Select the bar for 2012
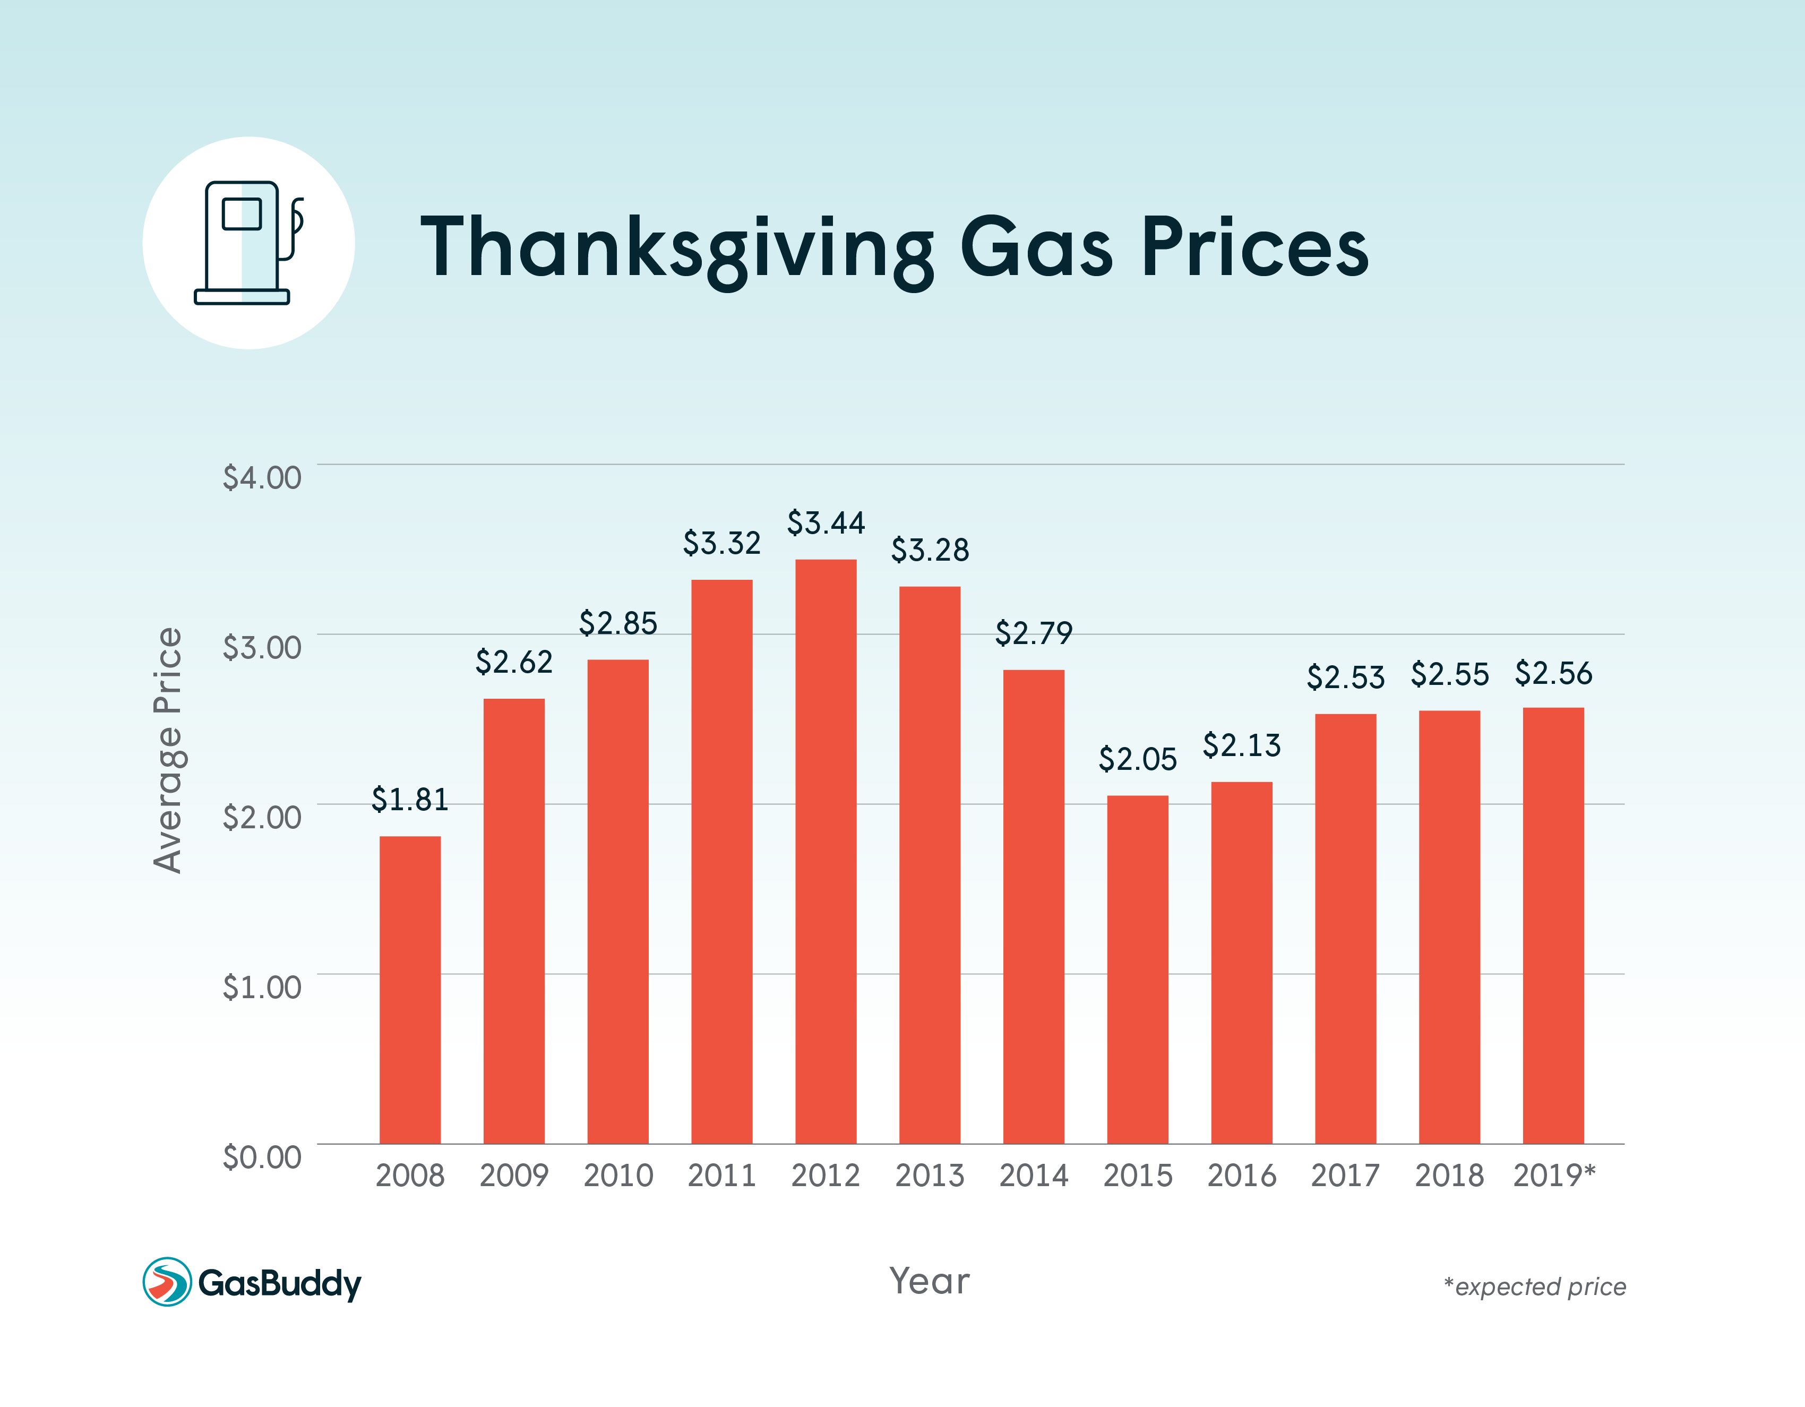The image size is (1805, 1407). click(826, 852)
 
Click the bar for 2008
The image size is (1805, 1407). click(410, 990)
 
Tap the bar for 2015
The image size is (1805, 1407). click(1137, 969)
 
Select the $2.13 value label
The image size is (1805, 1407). click(1241, 745)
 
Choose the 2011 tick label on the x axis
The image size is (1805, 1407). click(721, 1174)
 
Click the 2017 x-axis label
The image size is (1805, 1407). click(1345, 1174)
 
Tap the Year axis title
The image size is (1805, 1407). click(929, 1281)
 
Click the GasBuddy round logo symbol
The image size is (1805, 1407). click(167, 1282)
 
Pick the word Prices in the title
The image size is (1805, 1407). click(1254, 247)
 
